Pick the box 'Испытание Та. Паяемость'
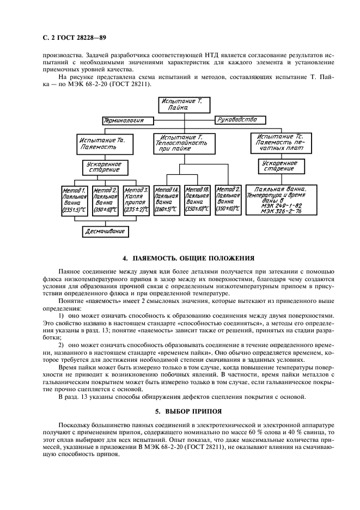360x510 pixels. [101, 143]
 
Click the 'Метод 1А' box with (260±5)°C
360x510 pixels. [167, 199]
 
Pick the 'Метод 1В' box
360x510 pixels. [197, 199]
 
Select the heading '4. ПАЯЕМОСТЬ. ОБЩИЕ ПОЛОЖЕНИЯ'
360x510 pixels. [180, 258]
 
